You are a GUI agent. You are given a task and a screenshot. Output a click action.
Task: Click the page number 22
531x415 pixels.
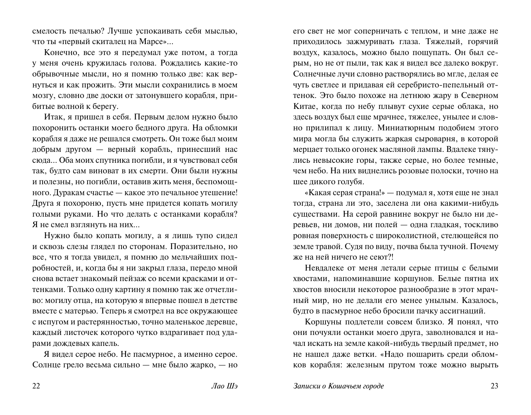36,386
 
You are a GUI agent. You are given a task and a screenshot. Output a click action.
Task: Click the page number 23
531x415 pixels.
494,386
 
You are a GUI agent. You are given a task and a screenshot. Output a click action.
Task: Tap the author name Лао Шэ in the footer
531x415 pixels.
224,386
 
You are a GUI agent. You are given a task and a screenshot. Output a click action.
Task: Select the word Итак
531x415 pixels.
53,117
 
